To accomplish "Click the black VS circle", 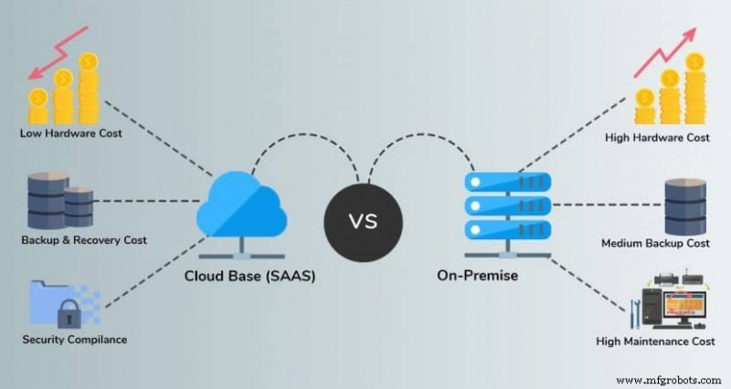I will [x=365, y=220].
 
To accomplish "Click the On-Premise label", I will [x=482, y=276].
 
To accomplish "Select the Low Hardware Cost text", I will [x=70, y=133].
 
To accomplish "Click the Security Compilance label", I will [x=75, y=340].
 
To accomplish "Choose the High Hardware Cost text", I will [x=657, y=138].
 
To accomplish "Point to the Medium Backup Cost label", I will [x=656, y=244].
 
